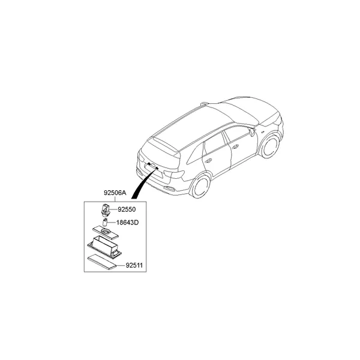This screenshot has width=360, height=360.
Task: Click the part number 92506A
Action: [115, 193]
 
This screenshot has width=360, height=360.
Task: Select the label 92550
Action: [127, 209]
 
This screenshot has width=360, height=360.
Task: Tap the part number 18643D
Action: [127, 223]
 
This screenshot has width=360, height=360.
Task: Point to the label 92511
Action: [134, 265]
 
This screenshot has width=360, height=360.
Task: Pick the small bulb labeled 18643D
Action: [105, 223]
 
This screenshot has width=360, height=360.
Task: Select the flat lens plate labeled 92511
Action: [102, 263]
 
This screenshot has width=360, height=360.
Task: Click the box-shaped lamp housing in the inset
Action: [104, 247]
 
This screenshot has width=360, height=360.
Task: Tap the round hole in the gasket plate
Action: [106, 232]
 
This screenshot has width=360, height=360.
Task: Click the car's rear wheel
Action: [200, 185]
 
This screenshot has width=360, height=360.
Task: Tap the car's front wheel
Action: [271, 146]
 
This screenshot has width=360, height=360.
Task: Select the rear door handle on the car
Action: [208, 161]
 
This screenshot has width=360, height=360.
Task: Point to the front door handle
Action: [235, 147]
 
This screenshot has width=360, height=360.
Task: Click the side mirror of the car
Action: [252, 132]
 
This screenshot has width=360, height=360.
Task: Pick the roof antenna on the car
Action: [204, 104]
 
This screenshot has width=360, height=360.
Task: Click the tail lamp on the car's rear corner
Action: [175, 174]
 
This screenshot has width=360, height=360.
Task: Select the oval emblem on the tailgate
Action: [153, 165]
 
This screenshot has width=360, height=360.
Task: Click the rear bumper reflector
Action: [169, 189]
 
